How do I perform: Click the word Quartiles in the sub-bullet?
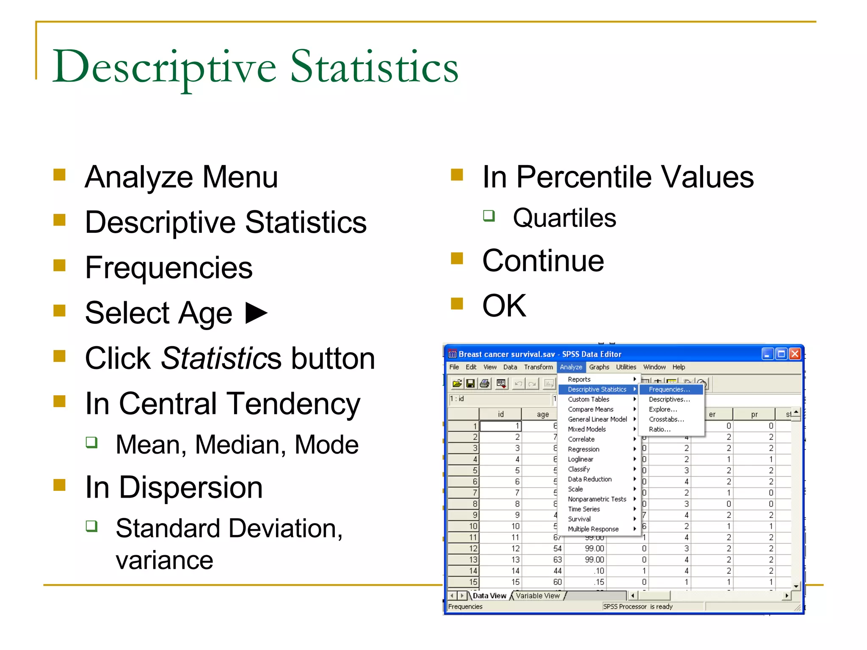click(x=564, y=218)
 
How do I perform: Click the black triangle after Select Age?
click(x=256, y=313)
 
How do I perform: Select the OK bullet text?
click(x=504, y=306)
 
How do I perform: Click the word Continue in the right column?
click(x=543, y=261)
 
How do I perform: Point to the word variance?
click(x=164, y=560)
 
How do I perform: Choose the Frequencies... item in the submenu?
click(x=669, y=389)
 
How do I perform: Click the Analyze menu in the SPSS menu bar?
click(x=571, y=367)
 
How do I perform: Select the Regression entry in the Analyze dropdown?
click(x=583, y=449)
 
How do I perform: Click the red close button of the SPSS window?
click(x=795, y=354)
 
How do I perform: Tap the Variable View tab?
click(x=538, y=595)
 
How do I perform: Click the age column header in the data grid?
click(x=542, y=414)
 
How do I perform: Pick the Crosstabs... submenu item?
click(x=666, y=419)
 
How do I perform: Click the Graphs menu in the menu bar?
click(x=599, y=367)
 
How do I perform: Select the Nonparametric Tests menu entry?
click(x=596, y=499)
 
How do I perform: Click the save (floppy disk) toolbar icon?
click(x=470, y=383)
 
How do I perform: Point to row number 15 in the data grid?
click(x=473, y=582)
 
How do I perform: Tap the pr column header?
click(x=754, y=414)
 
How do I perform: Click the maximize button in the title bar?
click(x=781, y=354)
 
